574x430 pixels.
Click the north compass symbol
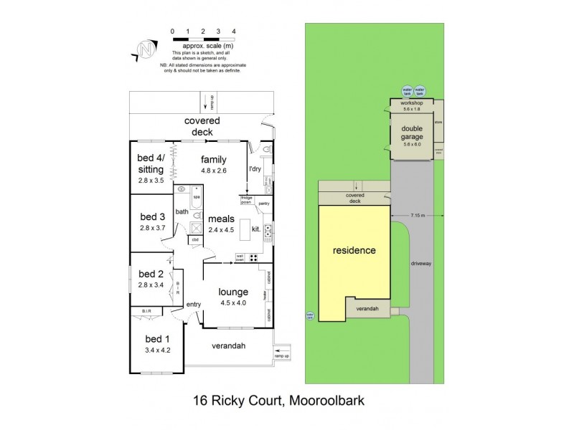click(x=146, y=49)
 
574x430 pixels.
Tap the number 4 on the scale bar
click(x=235, y=32)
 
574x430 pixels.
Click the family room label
click(x=213, y=160)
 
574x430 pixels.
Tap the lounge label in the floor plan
click(x=233, y=292)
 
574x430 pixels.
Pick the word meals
click(x=221, y=219)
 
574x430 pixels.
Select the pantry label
click(x=264, y=203)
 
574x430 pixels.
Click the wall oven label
click(x=241, y=257)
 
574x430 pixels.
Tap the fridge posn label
click(x=245, y=201)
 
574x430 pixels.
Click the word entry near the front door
click(x=194, y=305)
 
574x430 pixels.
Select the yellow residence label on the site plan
click(x=354, y=251)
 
